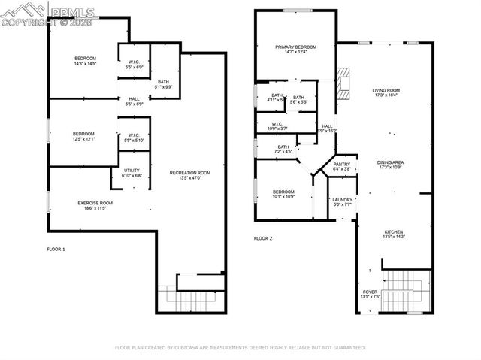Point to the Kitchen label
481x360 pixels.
tap(394, 231)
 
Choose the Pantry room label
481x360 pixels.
tap(341, 165)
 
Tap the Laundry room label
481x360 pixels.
tap(343, 200)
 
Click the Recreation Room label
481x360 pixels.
tap(189, 173)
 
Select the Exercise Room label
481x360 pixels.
tap(95, 203)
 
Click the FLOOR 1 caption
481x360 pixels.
tap(56, 249)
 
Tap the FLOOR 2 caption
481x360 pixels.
tap(263, 238)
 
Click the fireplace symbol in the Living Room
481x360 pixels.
tap(345, 82)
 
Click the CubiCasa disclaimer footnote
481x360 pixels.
tap(240, 348)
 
